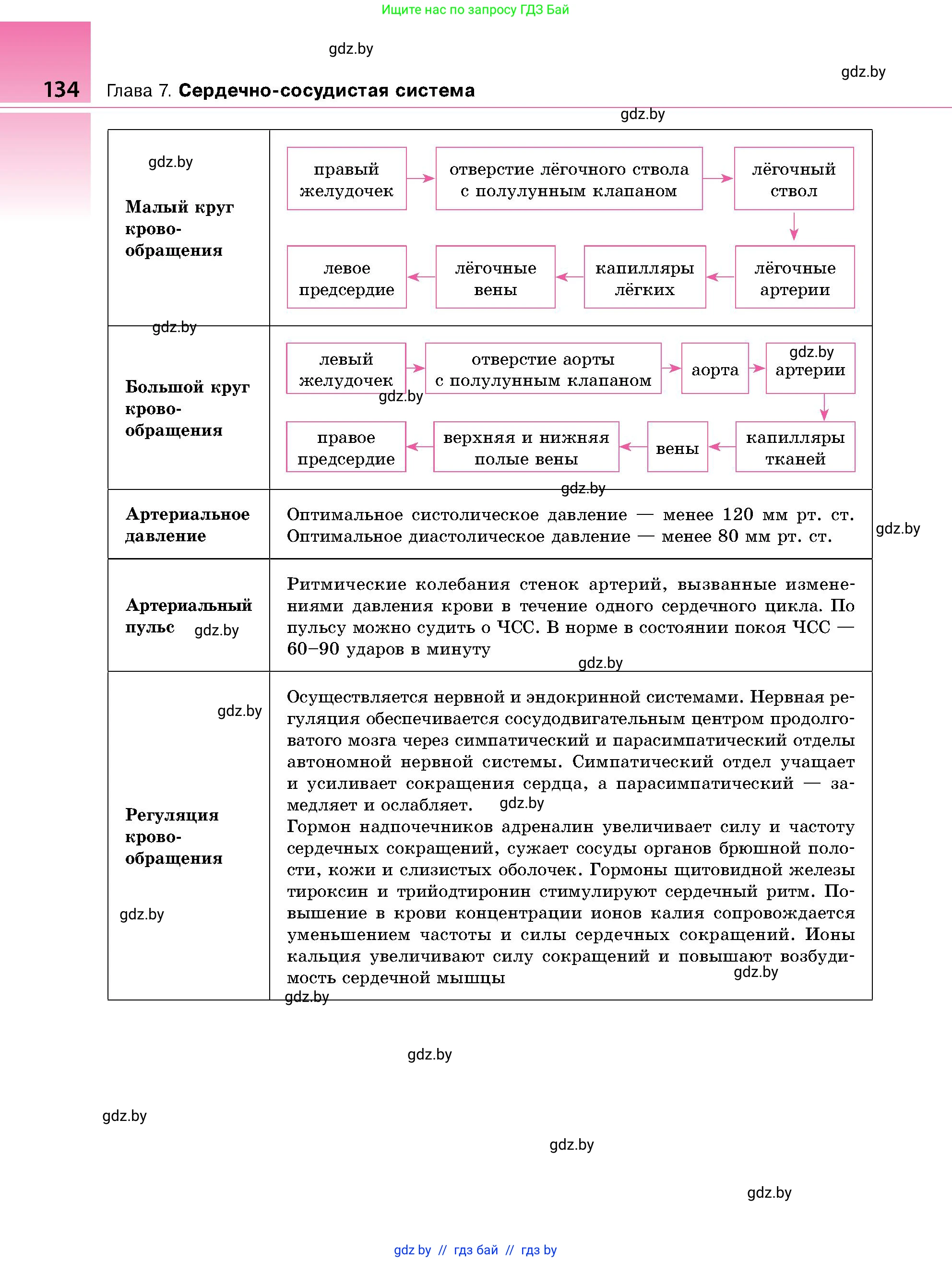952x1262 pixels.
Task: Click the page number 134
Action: point(61,90)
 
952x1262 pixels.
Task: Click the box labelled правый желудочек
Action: point(346,179)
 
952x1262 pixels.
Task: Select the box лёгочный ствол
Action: point(794,179)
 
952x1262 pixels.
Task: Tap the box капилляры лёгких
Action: point(644,278)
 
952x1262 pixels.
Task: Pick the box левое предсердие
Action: point(346,278)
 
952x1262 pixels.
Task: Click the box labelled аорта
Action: point(714,369)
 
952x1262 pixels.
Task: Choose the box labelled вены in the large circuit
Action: point(677,448)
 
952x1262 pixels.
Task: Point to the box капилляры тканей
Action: point(795,447)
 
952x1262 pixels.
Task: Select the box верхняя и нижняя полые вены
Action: point(526,447)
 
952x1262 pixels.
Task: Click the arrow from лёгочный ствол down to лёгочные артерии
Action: point(794,227)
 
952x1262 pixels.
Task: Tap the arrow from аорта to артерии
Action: point(757,369)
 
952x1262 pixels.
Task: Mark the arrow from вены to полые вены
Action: point(633,447)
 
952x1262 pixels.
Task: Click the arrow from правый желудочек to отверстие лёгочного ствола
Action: point(421,179)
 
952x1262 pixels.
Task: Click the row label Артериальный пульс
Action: point(188,616)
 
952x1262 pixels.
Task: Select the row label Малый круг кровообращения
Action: point(179,228)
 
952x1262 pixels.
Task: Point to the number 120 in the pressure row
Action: point(738,514)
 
